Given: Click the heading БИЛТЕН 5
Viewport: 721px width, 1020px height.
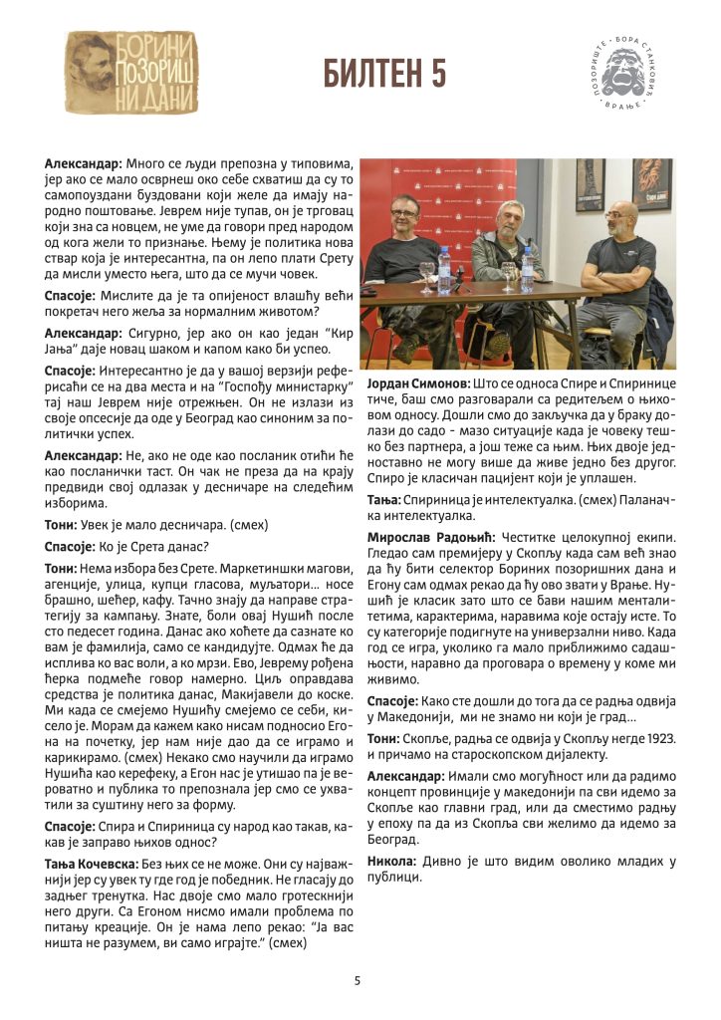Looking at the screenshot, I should (x=384, y=74).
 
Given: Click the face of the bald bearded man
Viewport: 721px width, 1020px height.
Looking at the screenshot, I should (x=620, y=219).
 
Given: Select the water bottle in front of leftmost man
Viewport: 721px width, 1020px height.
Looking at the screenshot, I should (x=444, y=269).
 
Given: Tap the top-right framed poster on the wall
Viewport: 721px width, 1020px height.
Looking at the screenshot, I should (x=652, y=184).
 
